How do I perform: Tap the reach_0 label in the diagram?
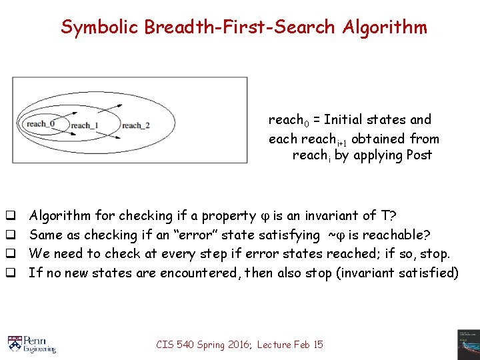pyautogui.click(x=39, y=123)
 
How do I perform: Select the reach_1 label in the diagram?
pyautogui.click(x=85, y=125)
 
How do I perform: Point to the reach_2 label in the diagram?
pyautogui.click(x=135, y=125)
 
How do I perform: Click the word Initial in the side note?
pyautogui.click(x=346, y=120)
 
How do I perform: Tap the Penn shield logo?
pyautogui.click(x=15, y=343)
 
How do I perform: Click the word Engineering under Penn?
pyautogui.click(x=40, y=349)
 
